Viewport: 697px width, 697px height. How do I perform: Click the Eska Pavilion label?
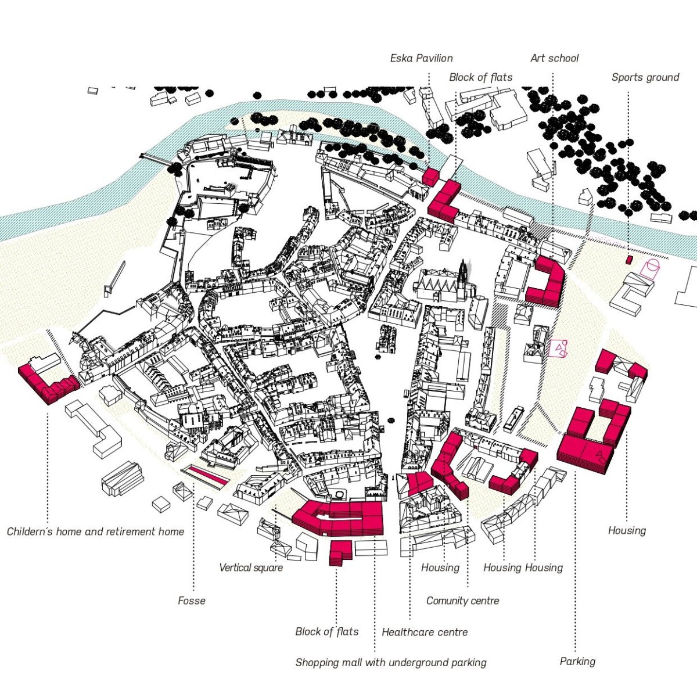[421, 58]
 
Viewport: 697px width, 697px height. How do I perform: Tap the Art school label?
[555, 58]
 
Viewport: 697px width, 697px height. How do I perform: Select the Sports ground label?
[645, 77]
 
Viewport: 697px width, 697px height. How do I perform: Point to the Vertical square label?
[251, 567]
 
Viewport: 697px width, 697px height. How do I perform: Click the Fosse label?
[192, 601]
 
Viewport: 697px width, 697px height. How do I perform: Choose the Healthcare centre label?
[425, 633]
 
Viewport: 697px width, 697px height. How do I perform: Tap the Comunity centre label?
[462, 601]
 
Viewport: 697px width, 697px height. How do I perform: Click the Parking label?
[577, 662]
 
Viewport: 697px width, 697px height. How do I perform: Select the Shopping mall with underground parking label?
[391, 663]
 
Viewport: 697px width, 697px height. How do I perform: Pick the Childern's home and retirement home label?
[95, 531]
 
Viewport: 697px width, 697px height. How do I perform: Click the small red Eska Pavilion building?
[431, 177]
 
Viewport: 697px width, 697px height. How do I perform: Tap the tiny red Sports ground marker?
[630, 260]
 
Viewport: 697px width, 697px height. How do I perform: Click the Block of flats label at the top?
[481, 77]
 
